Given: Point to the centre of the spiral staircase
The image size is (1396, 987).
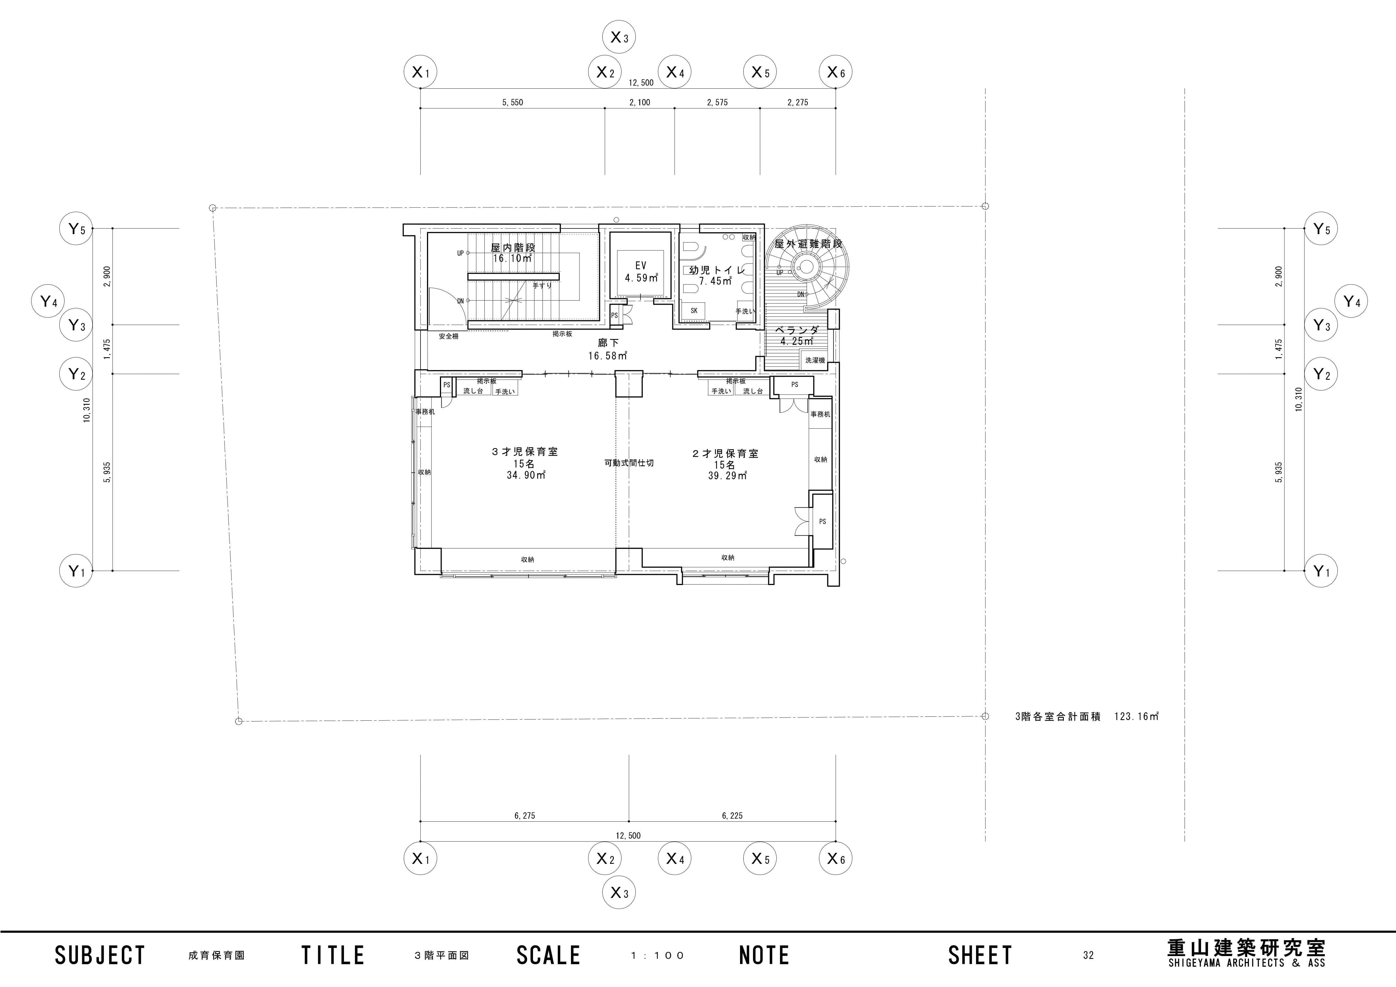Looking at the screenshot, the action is (x=807, y=266).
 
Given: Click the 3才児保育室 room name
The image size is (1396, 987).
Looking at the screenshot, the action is (x=525, y=452).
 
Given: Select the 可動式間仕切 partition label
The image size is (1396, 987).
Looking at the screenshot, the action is (x=629, y=463).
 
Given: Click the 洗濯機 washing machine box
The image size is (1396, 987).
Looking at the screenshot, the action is (x=815, y=360).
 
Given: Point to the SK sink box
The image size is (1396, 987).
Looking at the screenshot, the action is (x=694, y=310).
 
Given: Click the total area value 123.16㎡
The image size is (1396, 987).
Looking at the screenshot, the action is (x=1136, y=716).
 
